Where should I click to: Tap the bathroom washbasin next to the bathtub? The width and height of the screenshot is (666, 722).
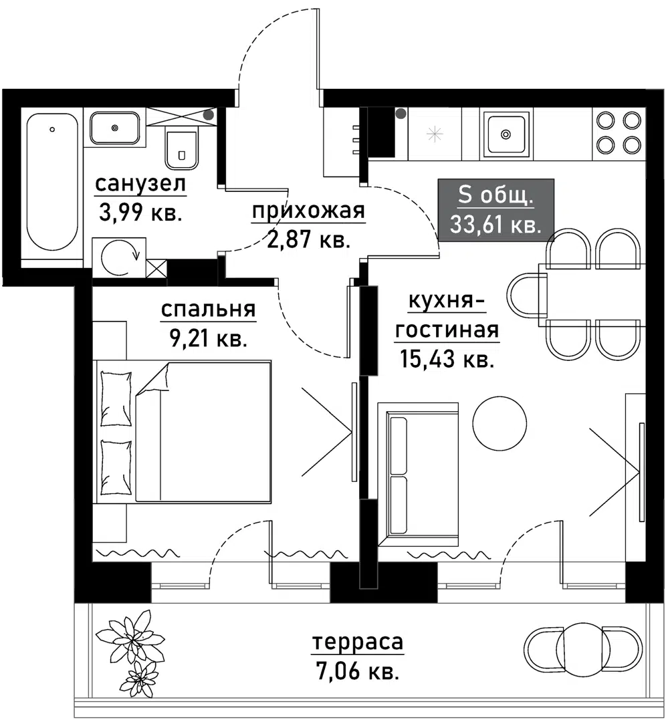pos(115,128)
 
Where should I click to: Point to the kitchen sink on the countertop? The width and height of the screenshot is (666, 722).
pos(506,134)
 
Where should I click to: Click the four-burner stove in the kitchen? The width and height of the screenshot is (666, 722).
pos(618,132)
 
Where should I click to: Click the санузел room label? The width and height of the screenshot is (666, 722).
pos(140,184)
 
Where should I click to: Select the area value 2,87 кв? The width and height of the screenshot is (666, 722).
pos(308,239)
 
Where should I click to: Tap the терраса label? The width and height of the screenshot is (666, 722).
pos(358,642)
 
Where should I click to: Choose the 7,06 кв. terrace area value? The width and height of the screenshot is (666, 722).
pos(358,671)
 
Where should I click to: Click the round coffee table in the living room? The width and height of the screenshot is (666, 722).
pos(499,423)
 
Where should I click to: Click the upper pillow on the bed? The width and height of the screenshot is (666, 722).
pos(116,398)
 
